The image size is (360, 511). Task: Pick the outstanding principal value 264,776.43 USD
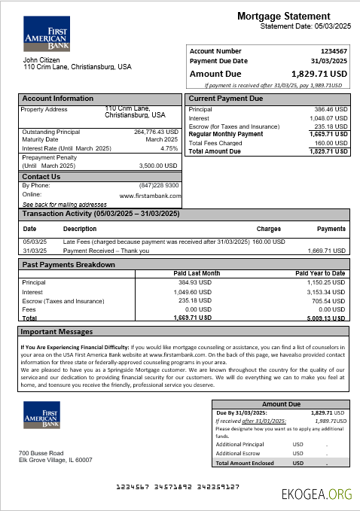point(156,132)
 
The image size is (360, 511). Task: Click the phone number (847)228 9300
point(159,185)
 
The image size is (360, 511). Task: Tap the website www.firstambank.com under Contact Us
point(149,195)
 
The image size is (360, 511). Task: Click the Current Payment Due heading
point(226,99)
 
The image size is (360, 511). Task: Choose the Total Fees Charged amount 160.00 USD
point(331,143)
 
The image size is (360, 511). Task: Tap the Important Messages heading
point(57,331)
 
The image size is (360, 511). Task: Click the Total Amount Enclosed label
point(246,464)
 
